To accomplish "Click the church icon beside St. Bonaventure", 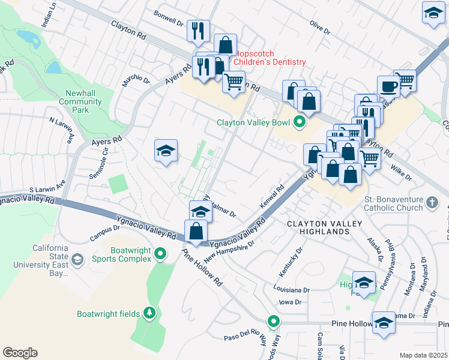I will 431,203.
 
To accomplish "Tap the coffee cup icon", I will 388,86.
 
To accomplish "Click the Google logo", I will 20,353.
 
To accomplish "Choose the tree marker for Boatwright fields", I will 149,313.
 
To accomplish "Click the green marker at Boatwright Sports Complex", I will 160,254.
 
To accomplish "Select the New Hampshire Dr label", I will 230,251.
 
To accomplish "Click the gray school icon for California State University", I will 77,259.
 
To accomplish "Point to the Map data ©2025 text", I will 423,355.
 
